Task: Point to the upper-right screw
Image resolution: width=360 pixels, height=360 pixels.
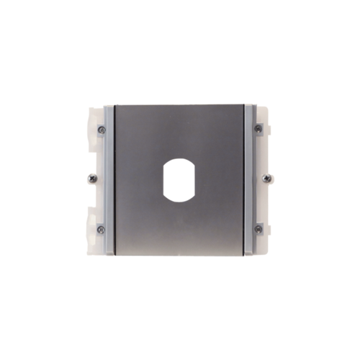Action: pyautogui.click(x=258, y=129)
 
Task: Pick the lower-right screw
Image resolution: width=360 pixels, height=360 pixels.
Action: pyautogui.click(x=258, y=228)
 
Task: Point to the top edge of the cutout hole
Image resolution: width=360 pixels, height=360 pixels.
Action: pyautogui.click(x=180, y=158)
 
